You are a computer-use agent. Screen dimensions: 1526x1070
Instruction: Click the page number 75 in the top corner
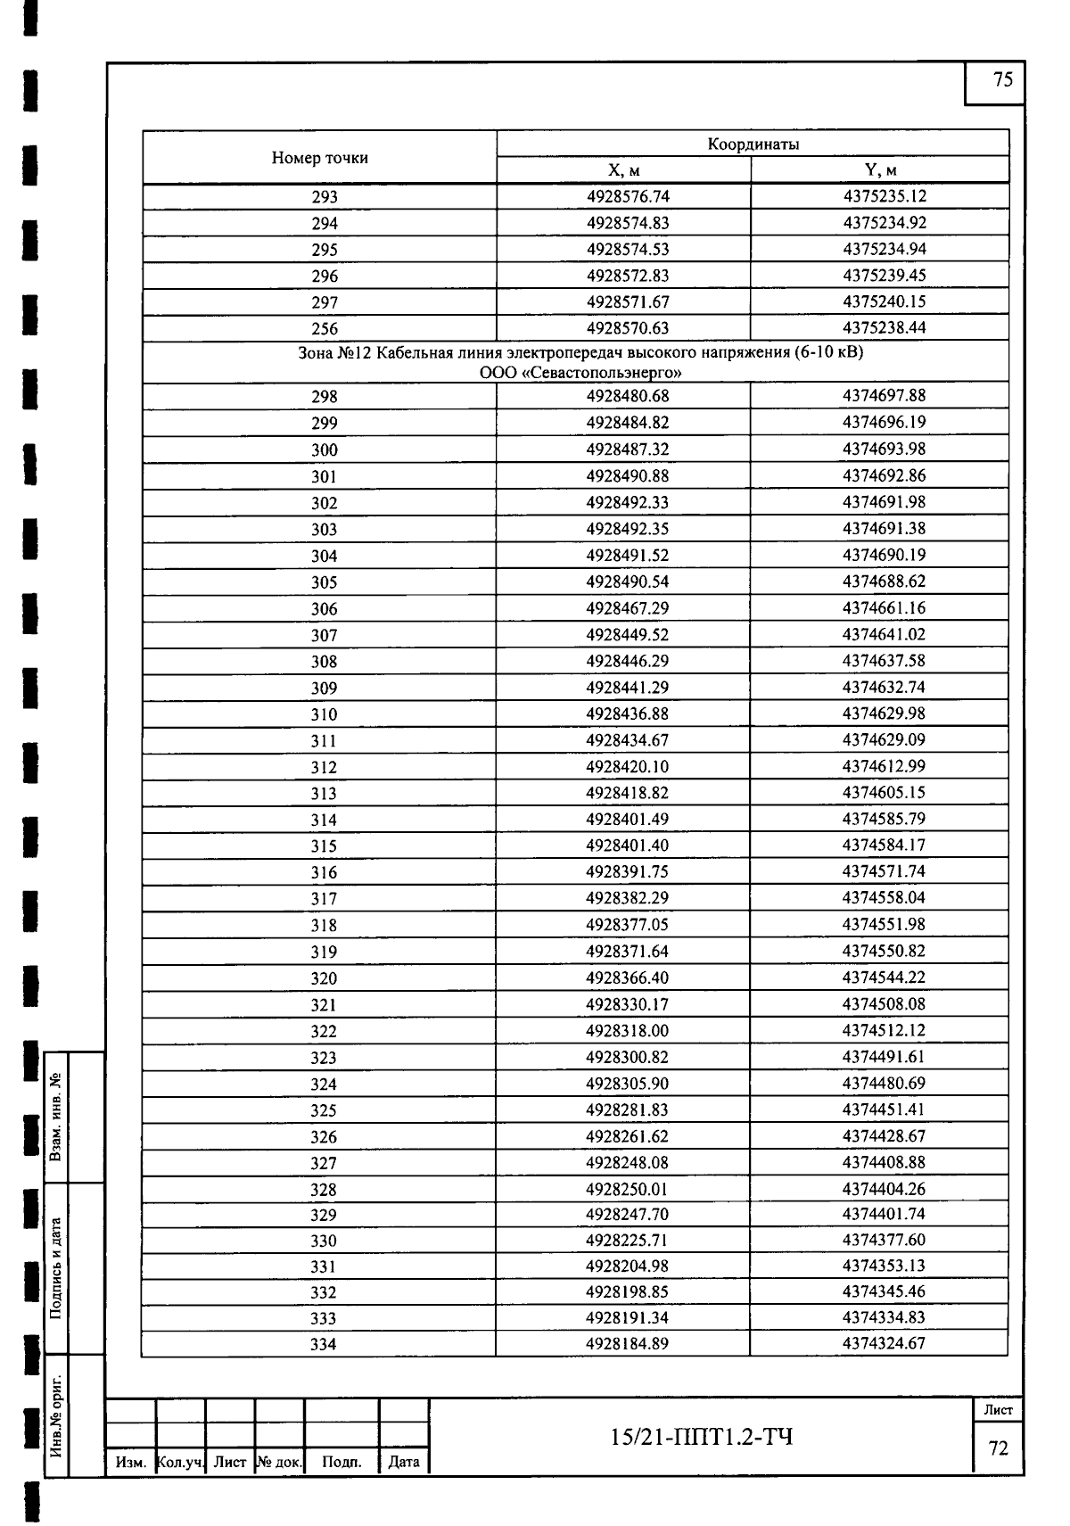coord(1002,80)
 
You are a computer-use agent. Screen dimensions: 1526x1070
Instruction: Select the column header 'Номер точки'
coord(319,158)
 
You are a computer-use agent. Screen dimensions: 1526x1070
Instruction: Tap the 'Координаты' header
coord(753,144)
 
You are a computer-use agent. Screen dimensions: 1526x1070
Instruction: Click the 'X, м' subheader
coord(623,170)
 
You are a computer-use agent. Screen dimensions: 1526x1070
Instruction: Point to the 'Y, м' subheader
coord(880,170)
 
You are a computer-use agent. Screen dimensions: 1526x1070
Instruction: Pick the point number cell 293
coord(325,197)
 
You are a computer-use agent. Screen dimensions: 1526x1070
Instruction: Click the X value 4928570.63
coord(627,328)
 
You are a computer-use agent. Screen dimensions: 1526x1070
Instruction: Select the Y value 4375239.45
coord(884,276)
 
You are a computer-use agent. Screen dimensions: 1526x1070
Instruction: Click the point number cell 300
coord(325,450)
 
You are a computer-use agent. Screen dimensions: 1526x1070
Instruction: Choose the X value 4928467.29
coord(627,608)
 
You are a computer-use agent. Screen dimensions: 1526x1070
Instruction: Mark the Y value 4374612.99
coord(884,767)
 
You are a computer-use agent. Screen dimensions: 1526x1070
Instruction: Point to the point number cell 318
coord(324,926)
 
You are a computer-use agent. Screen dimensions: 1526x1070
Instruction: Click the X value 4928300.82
coord(627,1058)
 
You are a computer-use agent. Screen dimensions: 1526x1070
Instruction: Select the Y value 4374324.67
coord(884,1343)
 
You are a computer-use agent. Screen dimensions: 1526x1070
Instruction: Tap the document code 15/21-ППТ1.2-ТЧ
coord(701,1437)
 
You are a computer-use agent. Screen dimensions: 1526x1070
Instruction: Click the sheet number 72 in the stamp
coord(999,1448)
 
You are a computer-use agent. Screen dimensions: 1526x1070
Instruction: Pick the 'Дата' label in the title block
coord(404,1462)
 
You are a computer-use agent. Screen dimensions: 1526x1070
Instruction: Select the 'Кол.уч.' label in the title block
coord(180,1463)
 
